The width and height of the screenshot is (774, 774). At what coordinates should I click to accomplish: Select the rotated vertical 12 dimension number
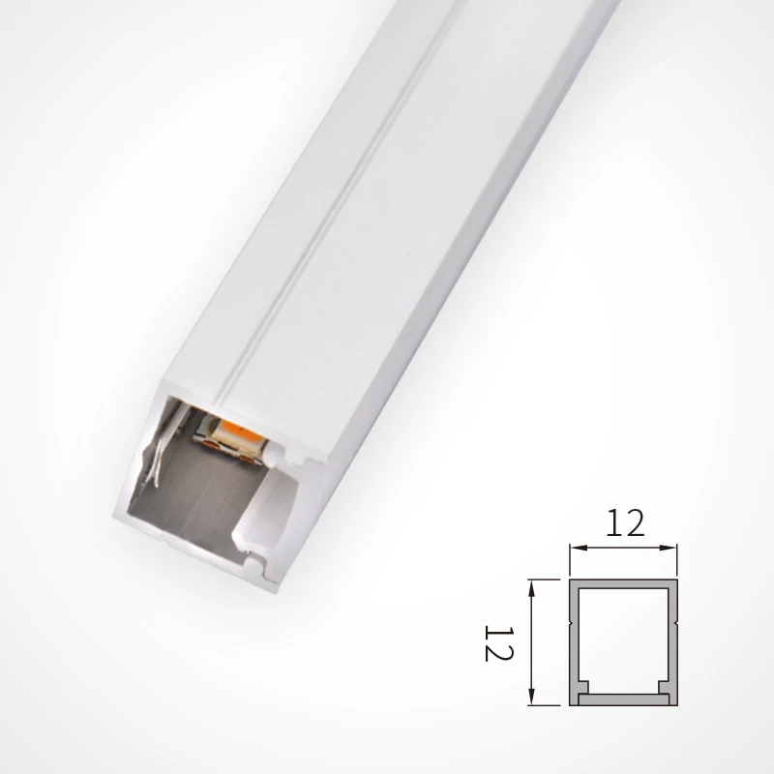(x=497, y=640)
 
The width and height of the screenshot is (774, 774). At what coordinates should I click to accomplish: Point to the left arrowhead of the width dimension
(x=574, y=548)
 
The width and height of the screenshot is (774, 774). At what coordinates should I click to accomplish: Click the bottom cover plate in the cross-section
(x=623, y=700)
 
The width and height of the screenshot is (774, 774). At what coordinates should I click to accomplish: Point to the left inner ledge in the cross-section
(x=583, y=688)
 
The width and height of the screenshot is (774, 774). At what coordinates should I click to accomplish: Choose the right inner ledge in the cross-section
(x=664, y=688)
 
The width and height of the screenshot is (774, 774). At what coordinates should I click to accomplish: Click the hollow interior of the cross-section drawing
(x=623, y=639)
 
